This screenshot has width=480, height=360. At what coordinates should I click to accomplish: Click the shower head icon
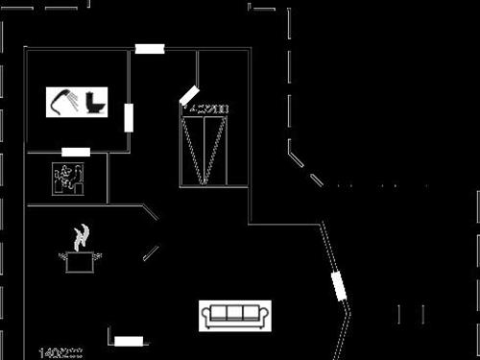(64, 100)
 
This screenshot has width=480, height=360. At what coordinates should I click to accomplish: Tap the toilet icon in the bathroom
(96, 100)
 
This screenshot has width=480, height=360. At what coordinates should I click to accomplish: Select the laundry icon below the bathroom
(68, 179)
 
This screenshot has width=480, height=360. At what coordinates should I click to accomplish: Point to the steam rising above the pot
(83, 235)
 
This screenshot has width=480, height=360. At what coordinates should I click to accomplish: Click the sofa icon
(235, 313)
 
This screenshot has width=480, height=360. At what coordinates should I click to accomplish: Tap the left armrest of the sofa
(205, 314)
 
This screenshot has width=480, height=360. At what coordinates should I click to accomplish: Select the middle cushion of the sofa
(235, 312)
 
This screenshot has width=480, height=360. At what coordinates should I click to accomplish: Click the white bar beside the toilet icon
(128, 117)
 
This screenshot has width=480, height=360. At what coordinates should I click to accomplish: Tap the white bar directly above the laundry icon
(76, 152)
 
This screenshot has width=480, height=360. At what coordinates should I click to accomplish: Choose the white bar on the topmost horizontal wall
(150, 49)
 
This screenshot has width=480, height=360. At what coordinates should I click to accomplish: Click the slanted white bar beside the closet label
(188, 96)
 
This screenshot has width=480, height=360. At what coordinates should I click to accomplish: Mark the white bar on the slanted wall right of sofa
(338, 286)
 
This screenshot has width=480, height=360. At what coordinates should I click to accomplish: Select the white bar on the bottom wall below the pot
(129, 341)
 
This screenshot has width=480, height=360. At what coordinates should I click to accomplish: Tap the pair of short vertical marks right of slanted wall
(411, 313)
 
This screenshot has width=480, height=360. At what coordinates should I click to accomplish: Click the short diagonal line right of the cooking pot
(151, 252)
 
